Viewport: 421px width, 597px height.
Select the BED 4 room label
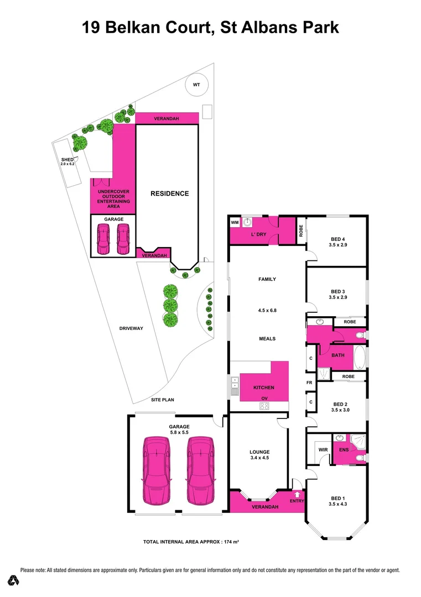(338, 238)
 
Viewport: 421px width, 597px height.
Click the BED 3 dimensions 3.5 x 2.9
(338, 297)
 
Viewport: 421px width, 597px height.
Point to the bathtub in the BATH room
(360, 358)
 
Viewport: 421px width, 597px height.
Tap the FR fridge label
(310, 383)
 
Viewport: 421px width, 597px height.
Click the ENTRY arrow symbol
(298, 494)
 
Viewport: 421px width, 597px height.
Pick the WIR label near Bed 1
(323, 449)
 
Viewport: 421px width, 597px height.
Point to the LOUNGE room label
(259, 452)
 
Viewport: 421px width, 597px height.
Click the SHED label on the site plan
(67, 160)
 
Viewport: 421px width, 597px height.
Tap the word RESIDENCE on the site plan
(170, 193)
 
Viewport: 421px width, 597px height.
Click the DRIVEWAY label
(131, 328)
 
